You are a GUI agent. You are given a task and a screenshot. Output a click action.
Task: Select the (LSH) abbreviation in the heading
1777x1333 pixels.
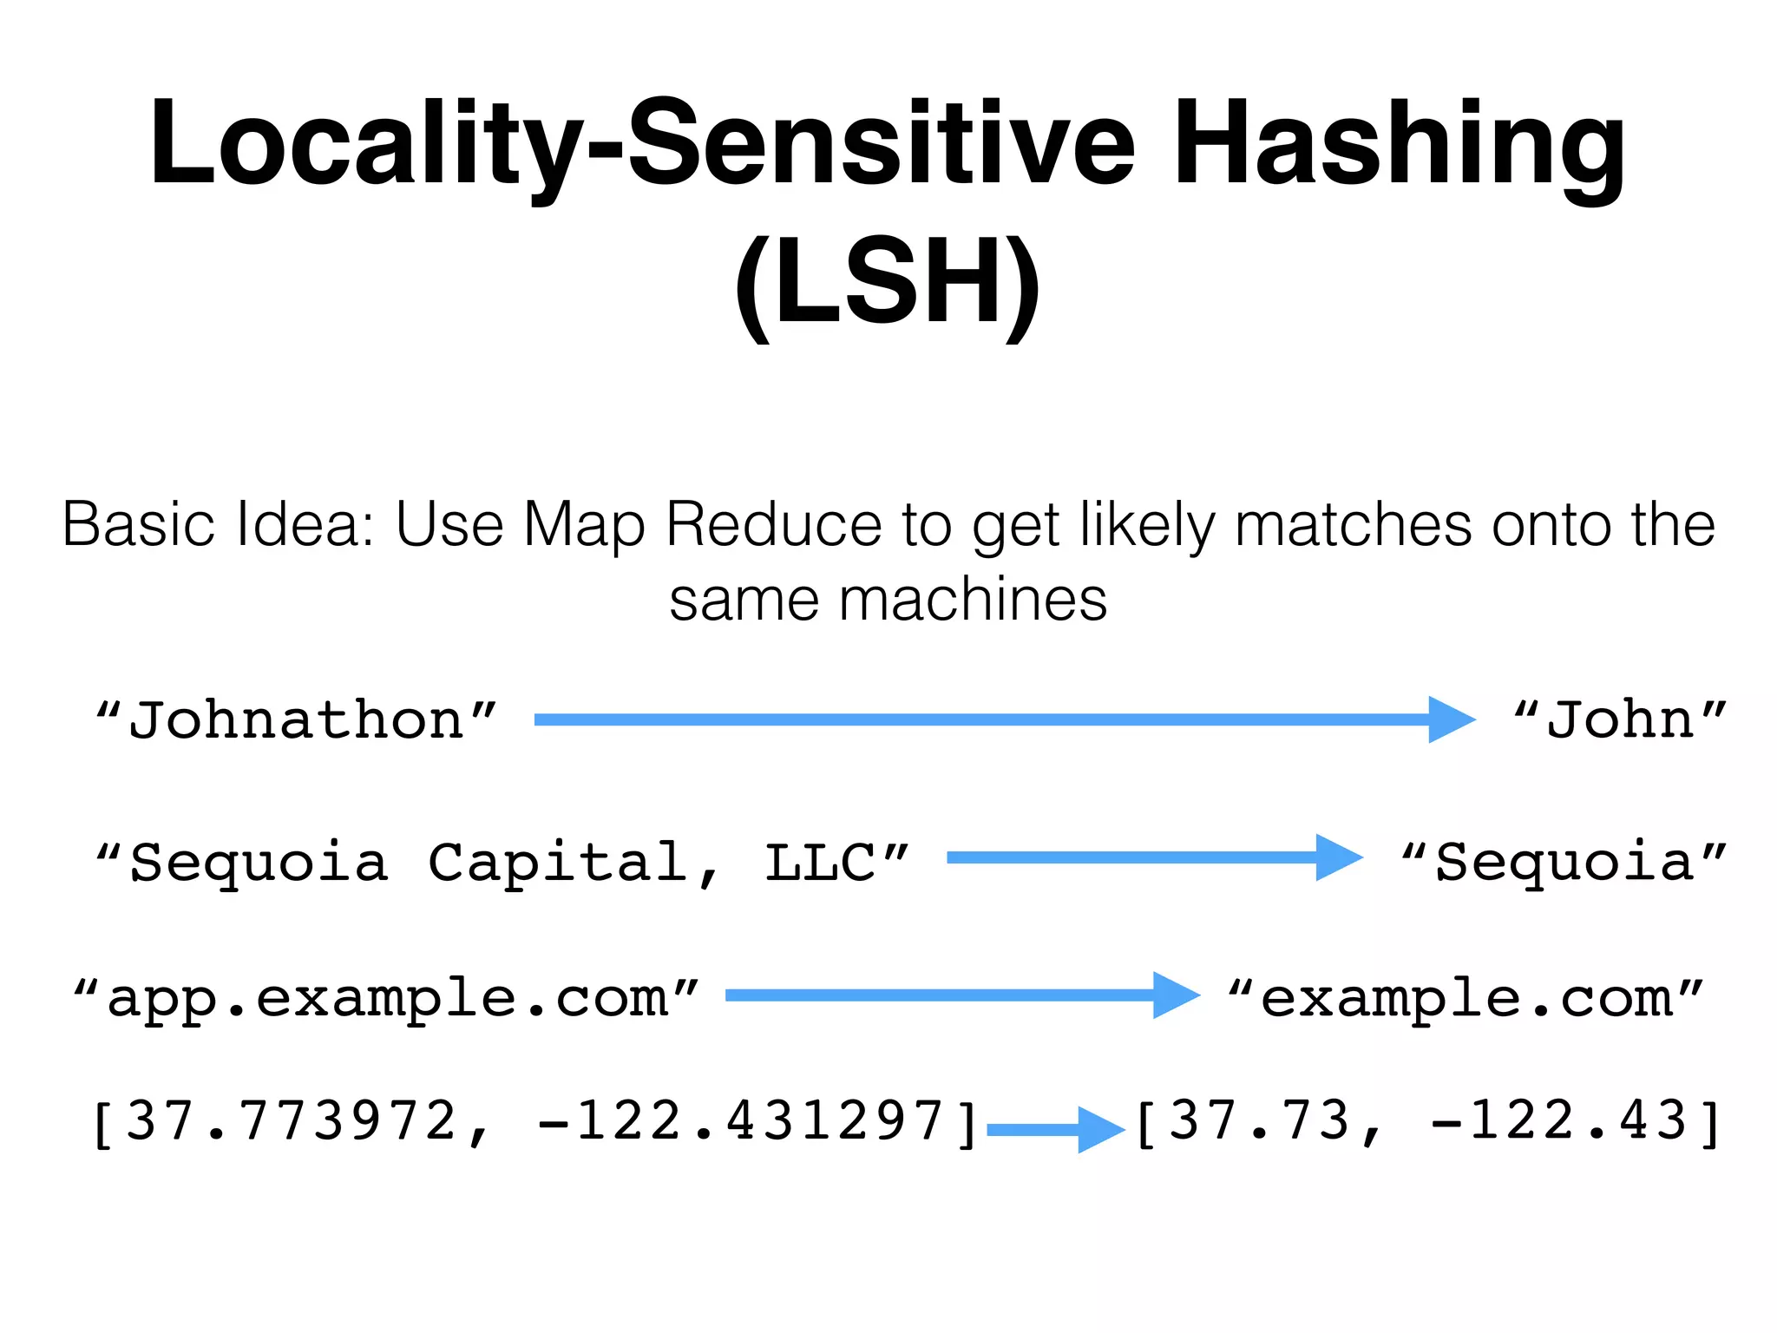[887, 282]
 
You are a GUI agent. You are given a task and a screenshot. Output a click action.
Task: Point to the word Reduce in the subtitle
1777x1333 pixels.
[776, 525]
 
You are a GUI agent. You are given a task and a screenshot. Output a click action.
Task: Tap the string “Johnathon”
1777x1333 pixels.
[297, 720]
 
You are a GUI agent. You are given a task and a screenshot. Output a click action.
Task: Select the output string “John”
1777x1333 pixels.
[1620, 720]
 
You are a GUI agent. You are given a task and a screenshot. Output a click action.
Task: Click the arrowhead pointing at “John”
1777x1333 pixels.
[1451, 719]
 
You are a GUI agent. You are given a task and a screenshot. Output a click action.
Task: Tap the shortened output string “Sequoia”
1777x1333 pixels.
[1564, 863]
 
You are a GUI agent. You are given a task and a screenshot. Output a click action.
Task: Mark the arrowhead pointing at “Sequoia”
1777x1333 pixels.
[1339, 857]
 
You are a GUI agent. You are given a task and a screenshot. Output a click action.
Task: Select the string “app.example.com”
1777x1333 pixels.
[387, 998]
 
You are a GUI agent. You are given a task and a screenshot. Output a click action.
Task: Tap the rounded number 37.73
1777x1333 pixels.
[1260, 1121]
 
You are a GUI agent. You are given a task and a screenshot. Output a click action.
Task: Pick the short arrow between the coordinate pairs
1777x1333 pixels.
[1055, 1129]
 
